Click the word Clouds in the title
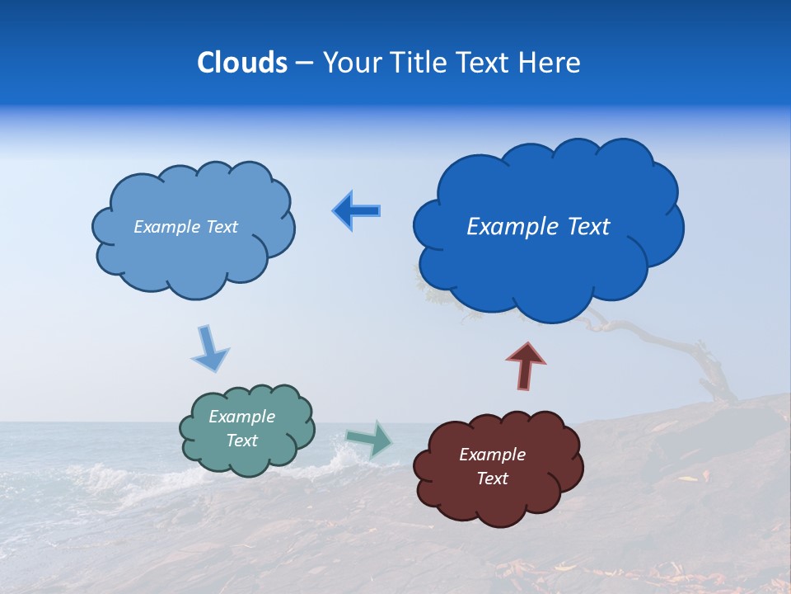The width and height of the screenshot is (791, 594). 242,63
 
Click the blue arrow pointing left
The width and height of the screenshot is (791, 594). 357,210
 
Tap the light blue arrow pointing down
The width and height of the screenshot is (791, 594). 209,348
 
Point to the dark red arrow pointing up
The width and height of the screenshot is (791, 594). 525,364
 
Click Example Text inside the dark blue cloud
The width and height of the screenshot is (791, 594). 538,227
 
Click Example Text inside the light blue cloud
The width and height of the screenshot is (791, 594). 185,227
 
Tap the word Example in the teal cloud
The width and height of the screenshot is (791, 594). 241,417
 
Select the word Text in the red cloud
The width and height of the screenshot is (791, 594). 492,478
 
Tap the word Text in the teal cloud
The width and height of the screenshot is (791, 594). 241,441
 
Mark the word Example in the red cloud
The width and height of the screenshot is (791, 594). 492,455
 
